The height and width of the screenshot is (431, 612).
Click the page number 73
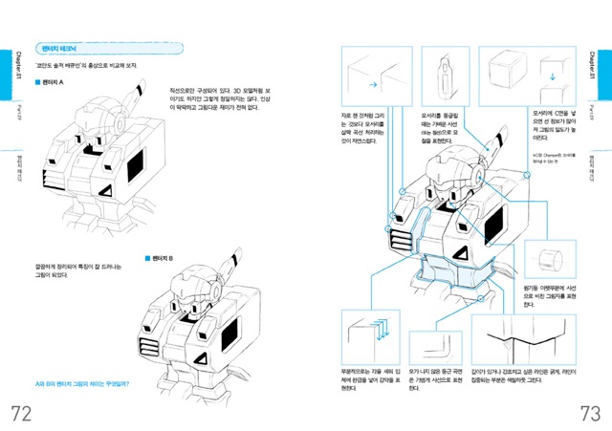(x=588, y=411)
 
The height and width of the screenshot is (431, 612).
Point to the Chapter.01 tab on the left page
(x=9, y=69)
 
